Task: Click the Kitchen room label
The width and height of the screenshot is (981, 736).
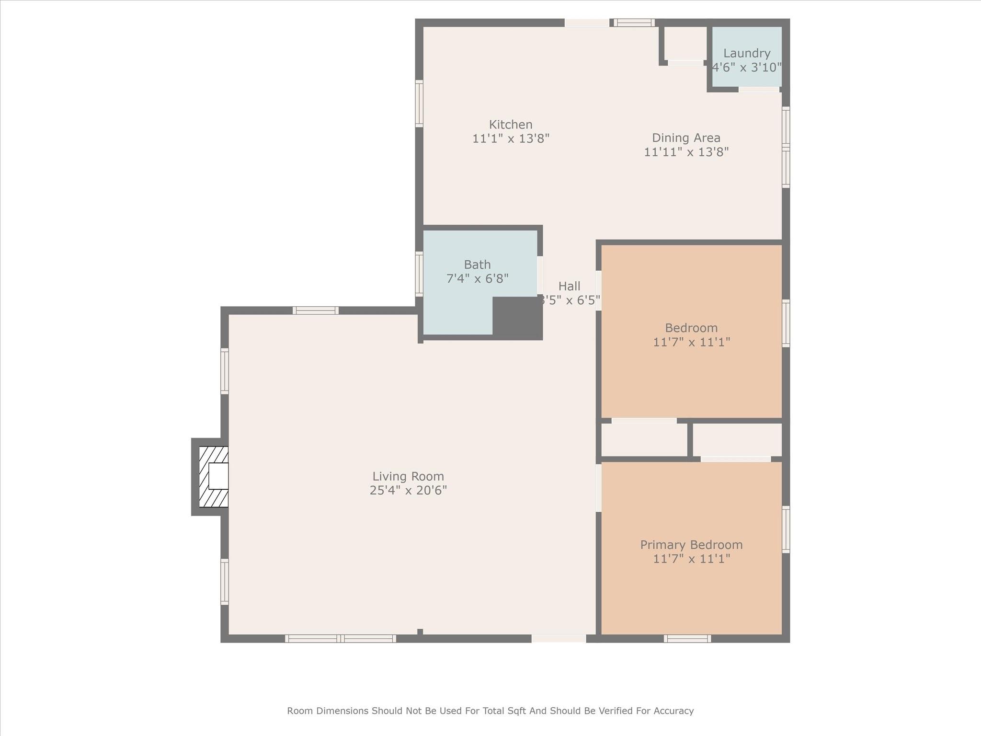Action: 511,125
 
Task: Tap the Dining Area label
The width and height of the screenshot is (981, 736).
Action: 686,138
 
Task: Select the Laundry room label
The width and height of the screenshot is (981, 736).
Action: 747,53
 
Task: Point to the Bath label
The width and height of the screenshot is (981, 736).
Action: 477,264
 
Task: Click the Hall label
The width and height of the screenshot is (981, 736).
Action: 569,286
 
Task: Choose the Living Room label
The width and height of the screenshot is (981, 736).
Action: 408,476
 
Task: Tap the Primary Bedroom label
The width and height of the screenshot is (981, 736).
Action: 691,545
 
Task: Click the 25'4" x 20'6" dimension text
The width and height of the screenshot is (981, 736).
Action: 408,490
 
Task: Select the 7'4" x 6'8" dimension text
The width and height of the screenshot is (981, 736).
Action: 477,278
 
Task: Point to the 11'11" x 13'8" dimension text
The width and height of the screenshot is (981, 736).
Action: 686,152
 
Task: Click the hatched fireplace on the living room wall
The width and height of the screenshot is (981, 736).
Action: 214,477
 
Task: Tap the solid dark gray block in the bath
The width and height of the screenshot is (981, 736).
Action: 517,318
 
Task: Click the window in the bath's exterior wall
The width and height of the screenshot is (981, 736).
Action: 419,274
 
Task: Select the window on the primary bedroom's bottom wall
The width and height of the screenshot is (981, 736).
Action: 687,638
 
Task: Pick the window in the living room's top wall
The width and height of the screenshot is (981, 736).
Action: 316,310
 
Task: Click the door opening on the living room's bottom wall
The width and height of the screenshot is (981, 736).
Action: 559,638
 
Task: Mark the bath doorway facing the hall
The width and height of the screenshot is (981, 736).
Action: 540,275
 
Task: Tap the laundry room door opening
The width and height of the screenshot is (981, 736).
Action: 759,90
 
